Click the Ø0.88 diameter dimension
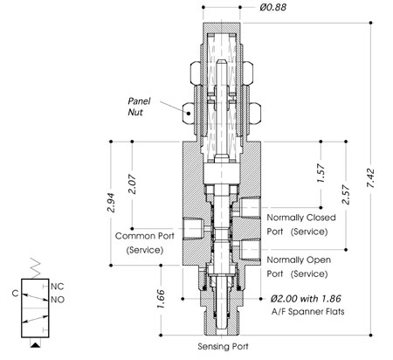pyautogui.click(x=272, y=7)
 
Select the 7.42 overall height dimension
pyautogui.click(x=371, y=178)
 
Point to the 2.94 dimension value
pyautogui.click(x=111, y=202)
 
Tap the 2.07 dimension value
pyautogui.click(x=132, y=184)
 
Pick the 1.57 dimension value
pyautogui.click(x=321, y=173)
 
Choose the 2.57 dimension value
pyautogui.click(x=346, y=194)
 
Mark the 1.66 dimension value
pyautogui.click(x=161, y=299)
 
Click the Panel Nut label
pyautogui.click(x=139, y=107)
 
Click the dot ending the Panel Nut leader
pyautogui.click(x=189, y=113)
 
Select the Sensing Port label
pyautogui.click(x=223, y=347)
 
